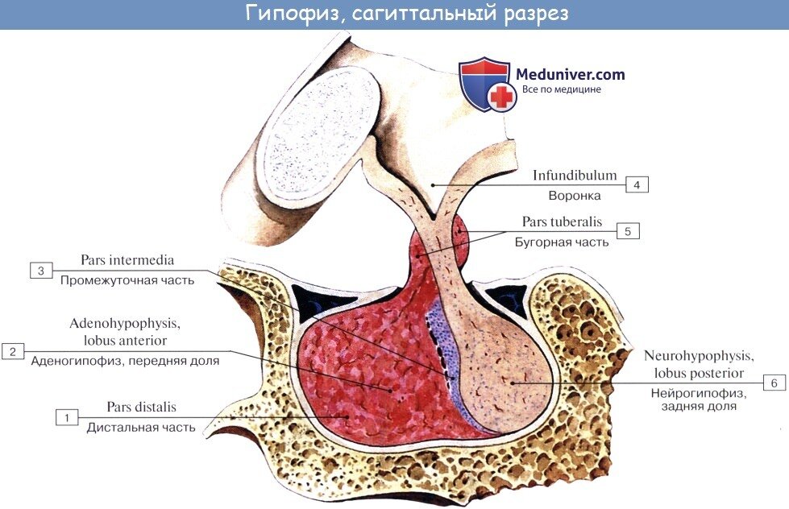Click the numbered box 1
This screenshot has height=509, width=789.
coord(67,417)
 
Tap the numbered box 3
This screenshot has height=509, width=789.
coord(41,271)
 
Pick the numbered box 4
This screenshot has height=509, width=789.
coord(636,185)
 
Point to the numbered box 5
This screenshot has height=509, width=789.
coord(628,230)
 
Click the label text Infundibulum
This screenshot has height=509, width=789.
coord(574,175)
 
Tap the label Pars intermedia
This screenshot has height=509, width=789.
coord(127,260)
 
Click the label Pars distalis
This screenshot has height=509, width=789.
coord(141,407)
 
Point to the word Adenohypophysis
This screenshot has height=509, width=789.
coord(124,324)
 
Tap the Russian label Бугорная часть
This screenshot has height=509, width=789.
coord(563,241)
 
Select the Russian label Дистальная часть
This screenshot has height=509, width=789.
coord(141,428)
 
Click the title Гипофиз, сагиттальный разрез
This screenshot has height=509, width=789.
coord(395,14)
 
